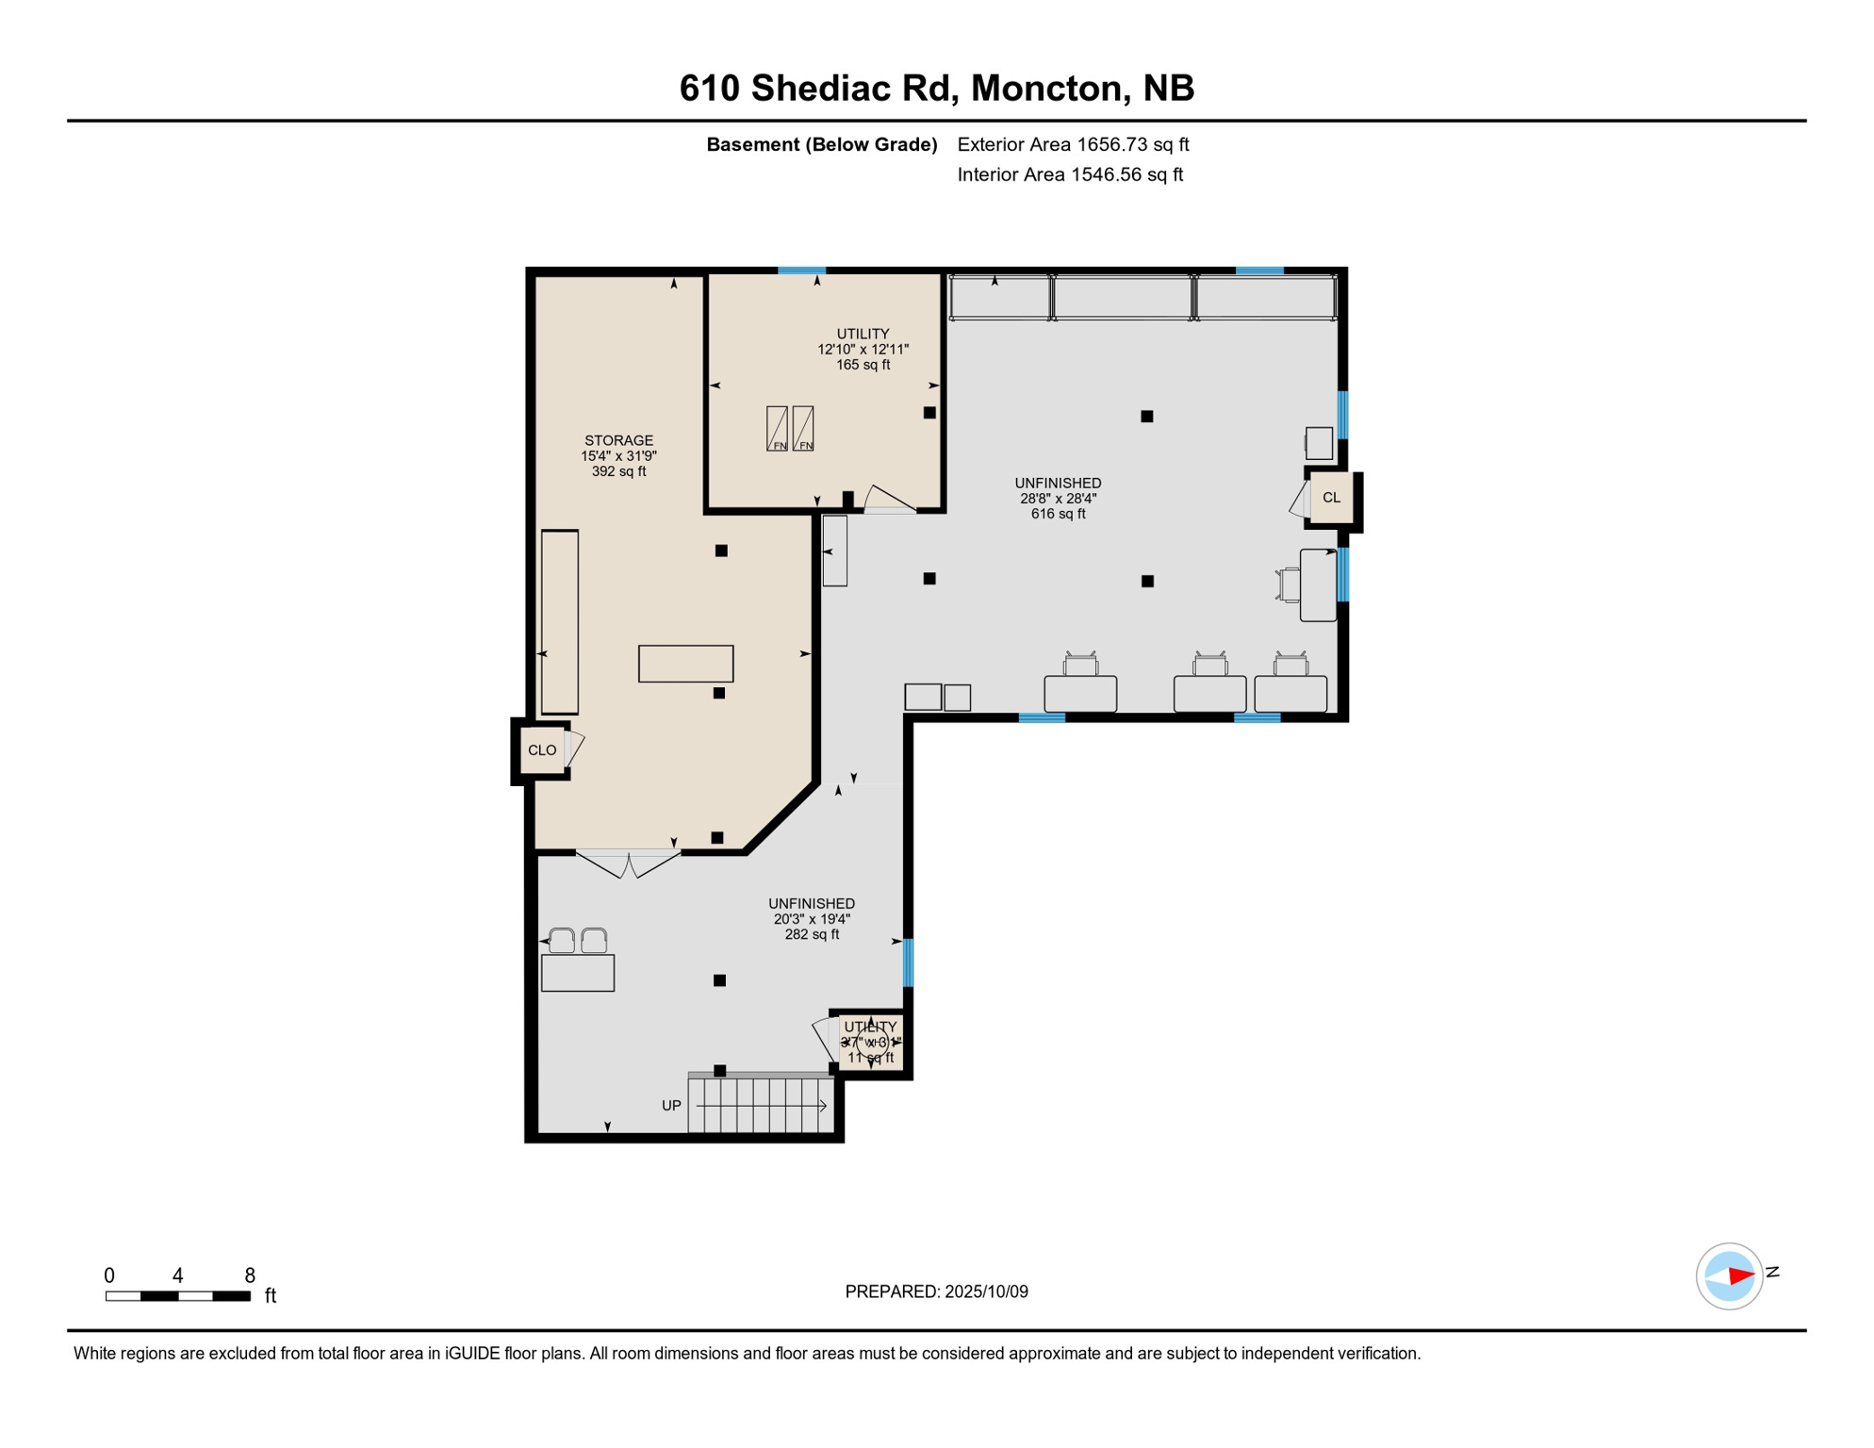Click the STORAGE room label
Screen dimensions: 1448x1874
(618, 440)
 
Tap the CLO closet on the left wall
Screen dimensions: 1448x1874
(542, 750)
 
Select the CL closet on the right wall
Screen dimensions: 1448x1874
(1331, 498)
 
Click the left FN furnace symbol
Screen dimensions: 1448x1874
(777, 429)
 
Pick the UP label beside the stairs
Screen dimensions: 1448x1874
(671, 1106)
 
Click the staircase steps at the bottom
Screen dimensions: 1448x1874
(762, 1106)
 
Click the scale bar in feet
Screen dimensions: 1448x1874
(178, 1296)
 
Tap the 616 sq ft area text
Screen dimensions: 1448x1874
(1058, 514)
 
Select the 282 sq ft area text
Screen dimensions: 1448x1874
(812, 934)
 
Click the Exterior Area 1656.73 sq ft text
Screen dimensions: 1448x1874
(1073, 144)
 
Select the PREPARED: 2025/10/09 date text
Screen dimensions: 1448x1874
(936, 1292)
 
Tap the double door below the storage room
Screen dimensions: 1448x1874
(628, 863)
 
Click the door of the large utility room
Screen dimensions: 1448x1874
(890, 501)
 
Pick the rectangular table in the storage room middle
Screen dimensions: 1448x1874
(685, 664)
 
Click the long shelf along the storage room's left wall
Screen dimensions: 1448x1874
(560, 622)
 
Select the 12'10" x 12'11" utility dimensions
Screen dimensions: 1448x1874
(863, 349)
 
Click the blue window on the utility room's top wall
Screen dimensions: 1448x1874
(801, 271)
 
